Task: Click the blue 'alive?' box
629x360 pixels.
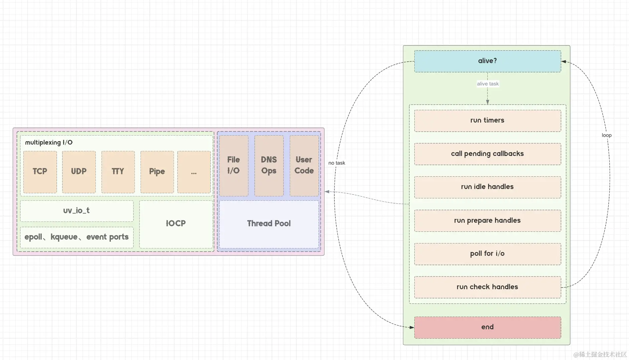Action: (487, 61)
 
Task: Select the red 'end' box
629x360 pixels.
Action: (487, 327)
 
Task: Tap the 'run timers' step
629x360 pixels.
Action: (487, 121)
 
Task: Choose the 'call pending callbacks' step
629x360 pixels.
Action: (487, 154)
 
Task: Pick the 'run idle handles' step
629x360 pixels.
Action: (487, 187)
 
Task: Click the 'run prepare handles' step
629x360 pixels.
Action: (487, 220)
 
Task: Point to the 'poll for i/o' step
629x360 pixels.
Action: (487, 254)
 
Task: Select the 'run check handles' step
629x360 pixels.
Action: (487, 287)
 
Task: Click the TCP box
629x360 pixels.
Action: (40, 172)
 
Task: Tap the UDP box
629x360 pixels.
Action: (79, 172)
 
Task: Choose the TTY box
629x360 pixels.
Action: (118, 172)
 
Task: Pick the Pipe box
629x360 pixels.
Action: (157, 172)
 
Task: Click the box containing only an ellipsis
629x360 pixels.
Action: (194, 172)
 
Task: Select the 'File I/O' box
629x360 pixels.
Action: (234, 166)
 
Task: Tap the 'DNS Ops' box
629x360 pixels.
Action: (269, 166)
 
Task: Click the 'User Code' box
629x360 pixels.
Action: (304, 166)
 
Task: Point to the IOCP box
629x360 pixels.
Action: (176, 224)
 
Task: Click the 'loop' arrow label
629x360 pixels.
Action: (607, 135)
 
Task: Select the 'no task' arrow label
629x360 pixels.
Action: (337, 163)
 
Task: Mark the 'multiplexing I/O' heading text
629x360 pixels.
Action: (49, 143)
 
